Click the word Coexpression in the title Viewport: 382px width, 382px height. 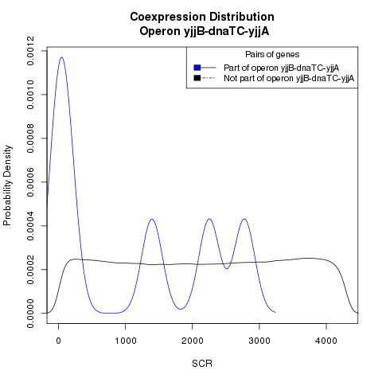coord(167,17)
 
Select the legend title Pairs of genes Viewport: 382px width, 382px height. coord(272,54)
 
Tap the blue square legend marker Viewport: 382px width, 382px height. coord(197,68)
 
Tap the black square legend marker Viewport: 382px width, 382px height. coord(197,78)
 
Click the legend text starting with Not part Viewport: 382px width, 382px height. coord(289,79)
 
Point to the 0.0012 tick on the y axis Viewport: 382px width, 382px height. coord(30,51)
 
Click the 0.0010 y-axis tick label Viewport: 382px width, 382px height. coord(30,95)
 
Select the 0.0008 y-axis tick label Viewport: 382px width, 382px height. coord(30,138)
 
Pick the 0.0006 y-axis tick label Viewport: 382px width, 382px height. coord(30,182)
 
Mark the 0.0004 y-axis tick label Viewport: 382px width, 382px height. coord(30,226)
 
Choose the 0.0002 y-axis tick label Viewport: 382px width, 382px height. coord(30,270)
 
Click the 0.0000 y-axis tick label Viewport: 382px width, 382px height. coord(30,314)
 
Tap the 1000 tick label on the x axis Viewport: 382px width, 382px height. coord(126,341)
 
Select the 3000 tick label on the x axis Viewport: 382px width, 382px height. coord(259,341)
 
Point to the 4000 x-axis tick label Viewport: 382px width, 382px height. coord(326,341)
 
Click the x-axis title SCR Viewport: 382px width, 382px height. coord(202,364)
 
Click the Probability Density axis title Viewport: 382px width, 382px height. coord(8,185)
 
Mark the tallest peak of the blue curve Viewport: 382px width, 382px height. coord(62,57)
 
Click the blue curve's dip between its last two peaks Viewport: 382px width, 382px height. coord(227,268)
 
